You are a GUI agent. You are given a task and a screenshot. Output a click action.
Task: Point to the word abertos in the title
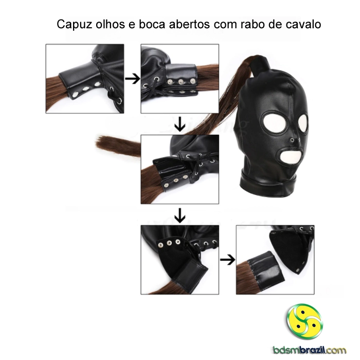point(189,24)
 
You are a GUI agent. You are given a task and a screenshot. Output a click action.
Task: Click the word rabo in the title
point(251,24)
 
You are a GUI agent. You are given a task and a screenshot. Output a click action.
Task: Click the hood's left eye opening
point(275,122)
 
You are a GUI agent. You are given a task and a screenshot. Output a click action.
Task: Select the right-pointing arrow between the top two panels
point(132,79)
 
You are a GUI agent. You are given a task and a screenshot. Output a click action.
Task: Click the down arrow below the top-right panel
point(180,124)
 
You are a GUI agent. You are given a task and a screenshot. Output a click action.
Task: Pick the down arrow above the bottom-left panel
point(180,215)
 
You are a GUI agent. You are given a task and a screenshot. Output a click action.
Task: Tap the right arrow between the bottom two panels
point(227,260)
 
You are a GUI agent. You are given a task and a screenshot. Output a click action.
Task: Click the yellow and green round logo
point(304,321)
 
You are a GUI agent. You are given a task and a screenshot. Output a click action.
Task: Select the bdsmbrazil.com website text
point(310,350)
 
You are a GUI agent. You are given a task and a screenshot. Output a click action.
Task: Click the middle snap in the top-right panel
point(181,81)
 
